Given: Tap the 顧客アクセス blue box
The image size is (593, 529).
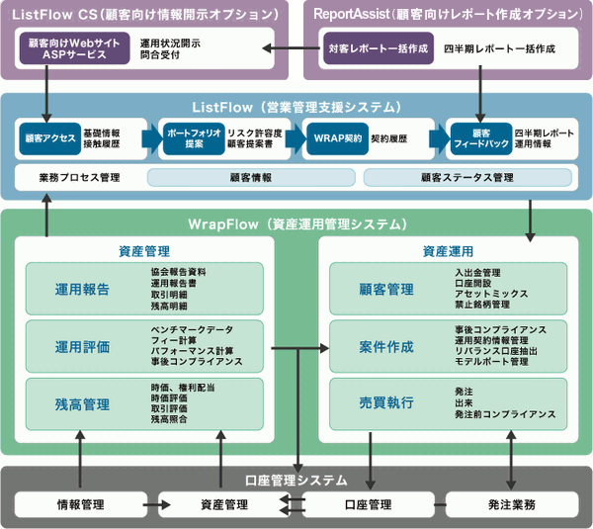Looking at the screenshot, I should pos(47,138).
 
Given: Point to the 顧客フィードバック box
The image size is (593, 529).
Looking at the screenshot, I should pos(479,138).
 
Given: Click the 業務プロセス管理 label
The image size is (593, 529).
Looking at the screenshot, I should pos(79,178).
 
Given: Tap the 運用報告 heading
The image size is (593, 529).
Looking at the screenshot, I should pos(83,290).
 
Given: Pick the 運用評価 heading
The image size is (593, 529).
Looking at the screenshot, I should pos(83,347).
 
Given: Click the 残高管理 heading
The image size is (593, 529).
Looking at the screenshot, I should pos(83,403).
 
